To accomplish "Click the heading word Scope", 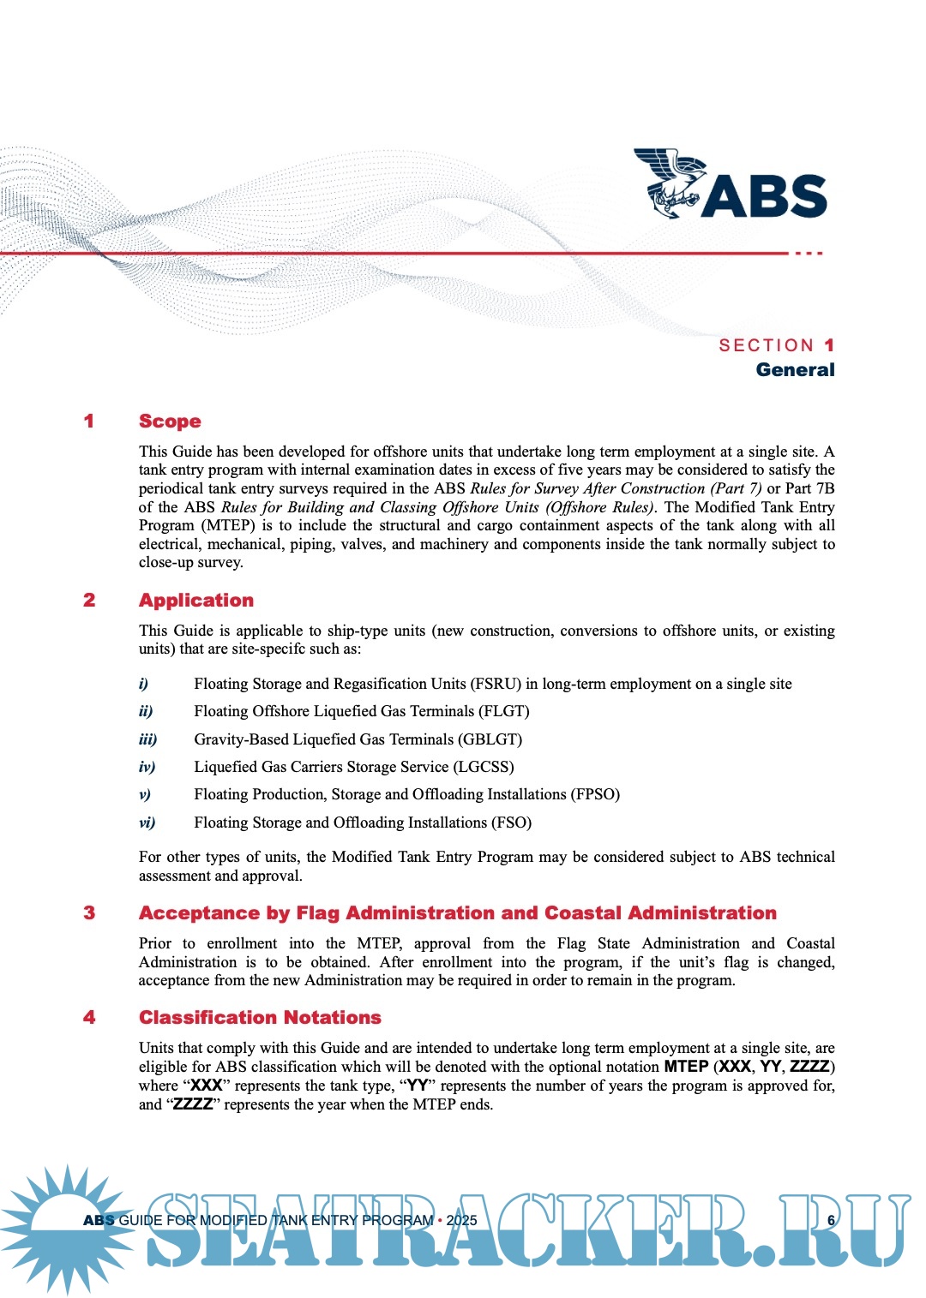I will [170, 422].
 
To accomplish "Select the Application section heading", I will [196, 601].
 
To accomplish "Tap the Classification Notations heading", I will [260, 1018].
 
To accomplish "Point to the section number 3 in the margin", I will [89, 913].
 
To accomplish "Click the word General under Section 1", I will [795, 370].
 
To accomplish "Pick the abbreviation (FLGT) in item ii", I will [504, 711].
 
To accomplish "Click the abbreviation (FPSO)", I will [595, 794].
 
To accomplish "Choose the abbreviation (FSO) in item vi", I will [511, 822].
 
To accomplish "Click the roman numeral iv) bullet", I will [147, 767].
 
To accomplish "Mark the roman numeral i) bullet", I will [143, 684].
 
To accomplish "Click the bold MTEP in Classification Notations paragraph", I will [686, 1067].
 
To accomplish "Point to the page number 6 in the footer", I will [831, 1220].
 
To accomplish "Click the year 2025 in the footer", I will [461, 1220].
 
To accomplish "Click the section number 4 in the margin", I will [89, 1018].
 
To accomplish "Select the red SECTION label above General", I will [767, 345].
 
